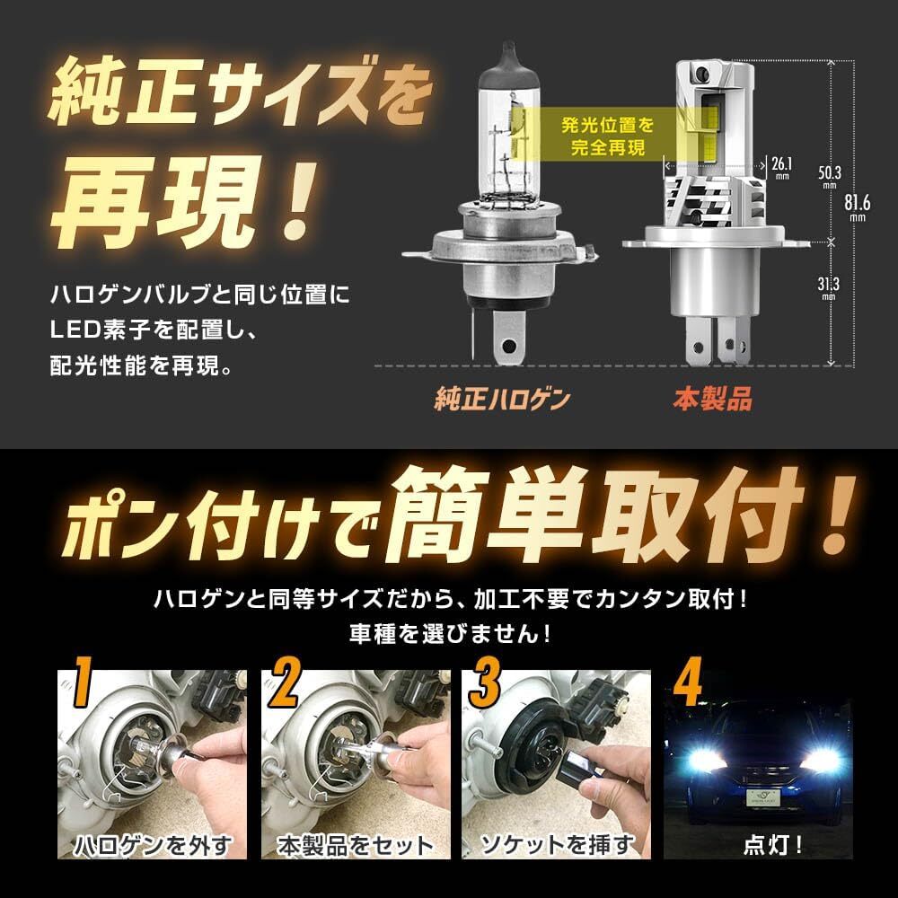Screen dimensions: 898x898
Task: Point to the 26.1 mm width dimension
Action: (781, 166)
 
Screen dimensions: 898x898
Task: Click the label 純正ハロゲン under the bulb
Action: (502, 399)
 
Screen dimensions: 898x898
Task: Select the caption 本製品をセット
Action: (354, 845)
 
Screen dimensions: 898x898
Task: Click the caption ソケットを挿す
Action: (557, 844)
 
